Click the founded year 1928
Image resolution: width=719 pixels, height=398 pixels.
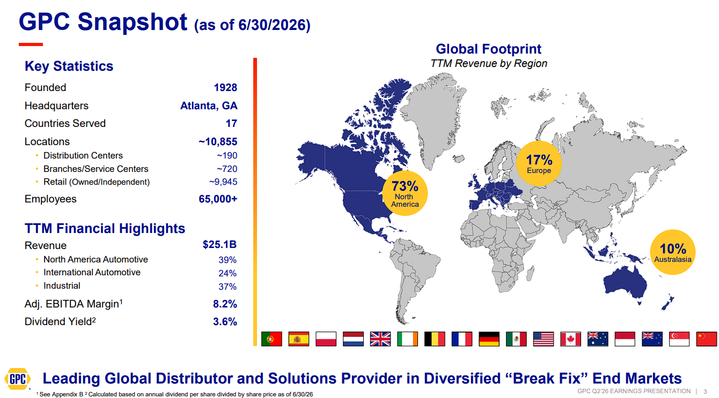click(225, 87)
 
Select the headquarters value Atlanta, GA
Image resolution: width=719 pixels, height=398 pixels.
click(209, 106)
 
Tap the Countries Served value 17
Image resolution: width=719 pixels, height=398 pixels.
click(231, 123)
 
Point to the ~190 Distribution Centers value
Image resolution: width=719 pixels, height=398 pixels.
click(227, 155)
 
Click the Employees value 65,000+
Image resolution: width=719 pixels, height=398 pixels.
click(218, 199)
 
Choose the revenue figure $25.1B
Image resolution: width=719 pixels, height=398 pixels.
click(219, 244)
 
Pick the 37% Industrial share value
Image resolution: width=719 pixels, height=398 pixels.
click(228, 287)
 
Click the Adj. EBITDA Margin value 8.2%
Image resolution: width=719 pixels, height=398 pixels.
click(225, 304)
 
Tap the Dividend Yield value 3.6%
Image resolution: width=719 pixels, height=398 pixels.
click(225, 321)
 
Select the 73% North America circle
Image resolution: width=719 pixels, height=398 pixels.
click(405, 193)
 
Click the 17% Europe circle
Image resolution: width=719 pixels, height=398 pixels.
click(539, 163)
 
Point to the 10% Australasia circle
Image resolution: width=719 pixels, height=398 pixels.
click(673, 252)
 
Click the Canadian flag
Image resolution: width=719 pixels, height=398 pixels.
click(570, 339)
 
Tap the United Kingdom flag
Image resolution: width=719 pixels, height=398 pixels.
click(380, 339)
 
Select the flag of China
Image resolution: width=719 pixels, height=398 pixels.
click(707, 339)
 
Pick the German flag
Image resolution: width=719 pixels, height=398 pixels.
click(489, 339)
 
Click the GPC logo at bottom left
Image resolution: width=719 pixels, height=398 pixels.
click(18, 379)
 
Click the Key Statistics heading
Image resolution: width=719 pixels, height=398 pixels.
click(69, 66)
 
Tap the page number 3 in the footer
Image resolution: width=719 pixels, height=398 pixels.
click(705, 392)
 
